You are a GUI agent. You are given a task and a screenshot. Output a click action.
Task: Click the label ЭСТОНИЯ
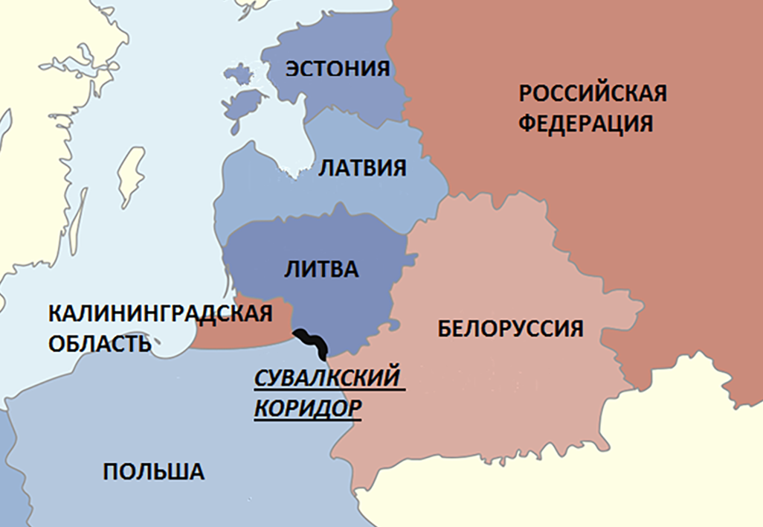tap(338, 68)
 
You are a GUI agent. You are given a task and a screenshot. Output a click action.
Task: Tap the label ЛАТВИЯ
tap(362, 167)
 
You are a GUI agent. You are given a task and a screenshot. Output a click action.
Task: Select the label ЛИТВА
tap(321, 269)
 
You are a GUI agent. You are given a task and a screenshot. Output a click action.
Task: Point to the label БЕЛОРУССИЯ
tap(509, 328)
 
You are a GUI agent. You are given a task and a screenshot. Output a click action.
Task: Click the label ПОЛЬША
tap(153, 471)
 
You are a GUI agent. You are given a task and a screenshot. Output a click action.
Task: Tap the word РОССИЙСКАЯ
tap(592, 95)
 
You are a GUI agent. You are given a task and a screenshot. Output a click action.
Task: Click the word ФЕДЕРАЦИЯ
tap(585, 123)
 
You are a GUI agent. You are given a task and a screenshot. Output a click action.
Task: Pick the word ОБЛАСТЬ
tap(100, 344)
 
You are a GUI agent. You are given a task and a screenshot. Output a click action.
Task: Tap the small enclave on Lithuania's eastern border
tap(396, 325)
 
